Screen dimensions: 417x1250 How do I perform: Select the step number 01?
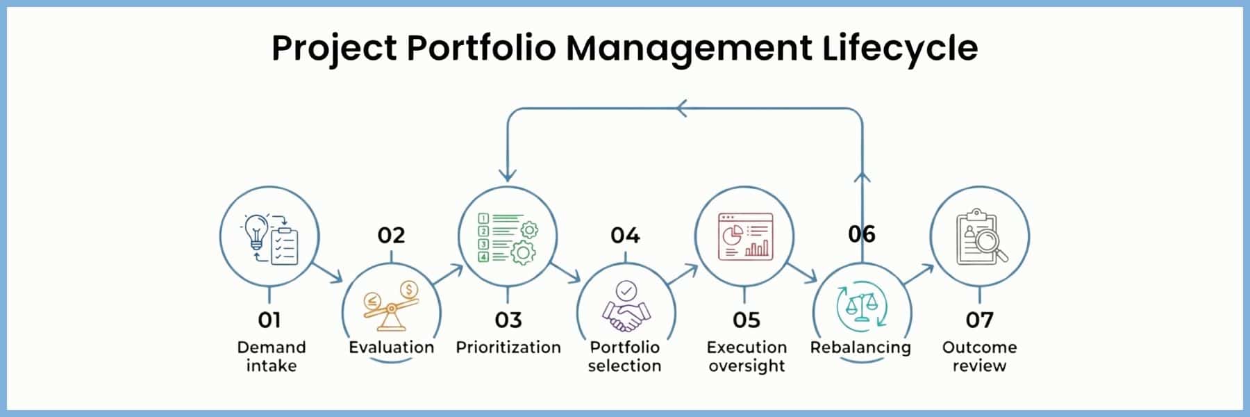[x=269, y=320]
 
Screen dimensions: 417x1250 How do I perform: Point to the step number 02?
[x=391, y=235]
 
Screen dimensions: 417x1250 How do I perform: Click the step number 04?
[x=625, y=235]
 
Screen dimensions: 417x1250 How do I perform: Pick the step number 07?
[x=979, y=320]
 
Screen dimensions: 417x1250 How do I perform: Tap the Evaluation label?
[x=391, y=347]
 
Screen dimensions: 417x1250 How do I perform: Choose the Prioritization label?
[x=508, y=347]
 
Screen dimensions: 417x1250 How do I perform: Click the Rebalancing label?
[x=860, y=347]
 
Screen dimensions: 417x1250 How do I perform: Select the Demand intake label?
[x=271, y=356]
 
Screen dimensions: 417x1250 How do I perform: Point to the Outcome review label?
[x=979, y=356]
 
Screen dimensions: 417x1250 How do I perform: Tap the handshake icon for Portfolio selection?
[x=626, y=316]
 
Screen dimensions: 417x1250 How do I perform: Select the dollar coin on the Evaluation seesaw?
[x=409, y=289]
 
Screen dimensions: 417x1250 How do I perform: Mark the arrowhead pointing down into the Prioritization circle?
[x=508, y=174]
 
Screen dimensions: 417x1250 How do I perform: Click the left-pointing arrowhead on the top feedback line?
[x=682, y=108]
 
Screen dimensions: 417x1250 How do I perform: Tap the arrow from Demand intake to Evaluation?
[x=327, y=272]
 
